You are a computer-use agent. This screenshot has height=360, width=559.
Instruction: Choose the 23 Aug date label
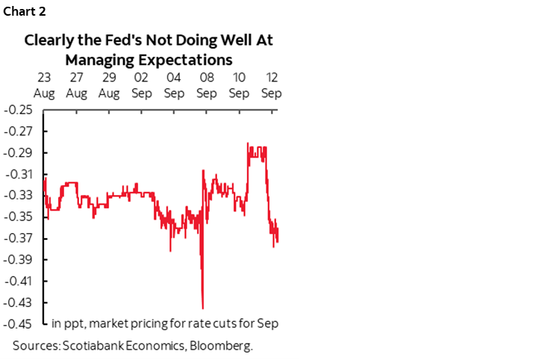point(43,85)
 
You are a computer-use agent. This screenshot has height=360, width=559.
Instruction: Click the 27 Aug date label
point(76,85)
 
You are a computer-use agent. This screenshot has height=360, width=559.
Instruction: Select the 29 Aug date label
point(109,85)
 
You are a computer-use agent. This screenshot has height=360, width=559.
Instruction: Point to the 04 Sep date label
point(174,85)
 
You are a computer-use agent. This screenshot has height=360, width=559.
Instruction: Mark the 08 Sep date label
point(207,85)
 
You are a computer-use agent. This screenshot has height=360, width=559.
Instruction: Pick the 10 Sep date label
point(239,85)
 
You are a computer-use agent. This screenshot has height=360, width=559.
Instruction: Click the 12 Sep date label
point(271,85)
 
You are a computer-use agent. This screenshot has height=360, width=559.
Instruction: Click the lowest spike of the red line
point(202,307)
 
